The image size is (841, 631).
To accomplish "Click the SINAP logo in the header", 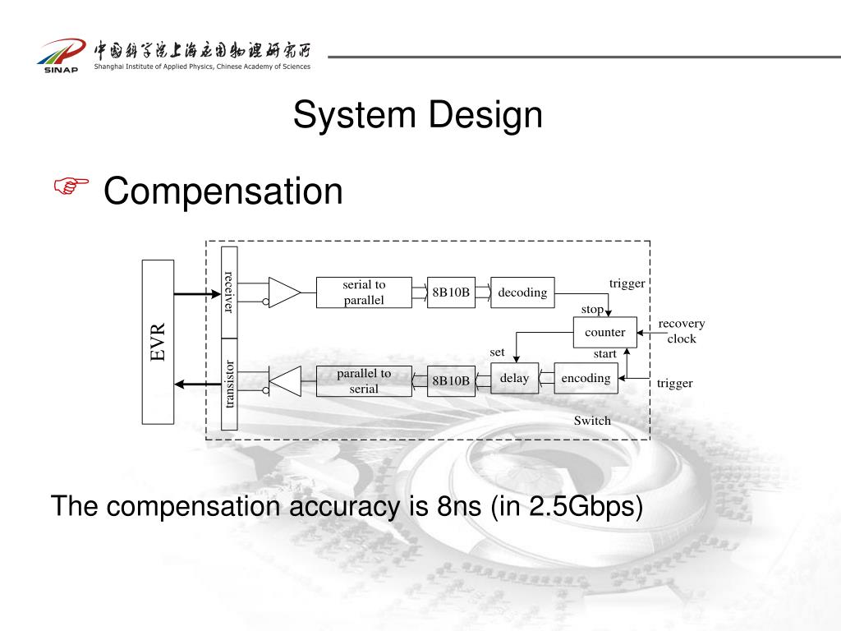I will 60,55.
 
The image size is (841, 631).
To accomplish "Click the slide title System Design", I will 418,114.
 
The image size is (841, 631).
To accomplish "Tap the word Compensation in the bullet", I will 223,191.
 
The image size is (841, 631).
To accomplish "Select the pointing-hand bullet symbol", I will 71,188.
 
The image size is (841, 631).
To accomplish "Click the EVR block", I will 158,341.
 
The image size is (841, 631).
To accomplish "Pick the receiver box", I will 229,292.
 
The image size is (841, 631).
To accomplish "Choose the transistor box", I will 229,384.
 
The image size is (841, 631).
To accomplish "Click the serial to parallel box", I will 364,292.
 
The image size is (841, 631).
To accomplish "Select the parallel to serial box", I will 364,381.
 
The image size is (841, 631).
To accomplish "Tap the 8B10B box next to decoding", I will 451,292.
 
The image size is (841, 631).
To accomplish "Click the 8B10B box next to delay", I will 451,380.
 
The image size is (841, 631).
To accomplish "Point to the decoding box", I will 522,292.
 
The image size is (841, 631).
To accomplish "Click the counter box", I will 604,332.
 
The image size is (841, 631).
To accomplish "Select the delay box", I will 514,378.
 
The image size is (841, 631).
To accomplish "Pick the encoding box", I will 586,378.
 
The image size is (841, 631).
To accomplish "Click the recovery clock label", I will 682,331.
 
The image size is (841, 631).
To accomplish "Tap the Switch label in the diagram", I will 592,421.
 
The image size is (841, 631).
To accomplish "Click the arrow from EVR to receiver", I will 197,293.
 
